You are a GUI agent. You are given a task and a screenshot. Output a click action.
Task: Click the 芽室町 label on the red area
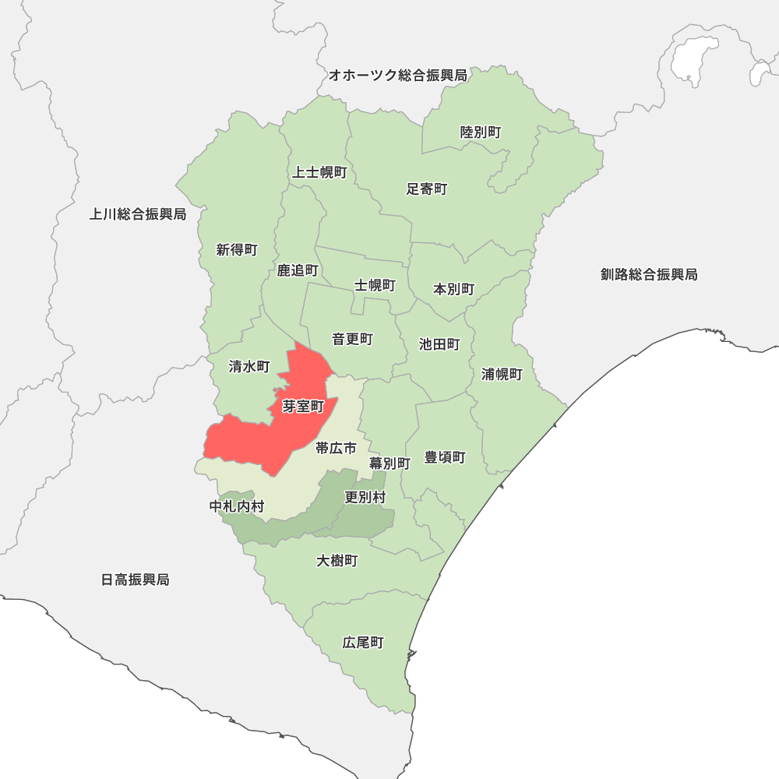click(x=303, y=407)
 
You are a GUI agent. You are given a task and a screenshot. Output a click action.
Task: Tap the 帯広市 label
click(x=336, y=448)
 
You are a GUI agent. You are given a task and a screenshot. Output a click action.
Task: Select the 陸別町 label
click(x=481, y=132)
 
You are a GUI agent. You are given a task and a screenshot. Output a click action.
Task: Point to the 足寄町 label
click(x=427, y=189)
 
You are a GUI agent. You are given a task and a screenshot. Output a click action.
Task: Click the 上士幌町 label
click(x=319, y=172)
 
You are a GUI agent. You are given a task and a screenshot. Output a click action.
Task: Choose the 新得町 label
click(x=237, y=250)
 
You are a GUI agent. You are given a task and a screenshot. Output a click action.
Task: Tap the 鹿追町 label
click(x=298, y=271)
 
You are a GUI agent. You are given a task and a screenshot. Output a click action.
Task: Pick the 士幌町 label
click(x=375, y=286)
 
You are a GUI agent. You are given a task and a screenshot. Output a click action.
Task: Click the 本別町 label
click(x=453, y=290)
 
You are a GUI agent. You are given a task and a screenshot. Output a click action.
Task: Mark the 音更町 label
click(x=352, y=340)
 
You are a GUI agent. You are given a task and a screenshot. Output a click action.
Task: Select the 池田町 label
click(x=439, y=344)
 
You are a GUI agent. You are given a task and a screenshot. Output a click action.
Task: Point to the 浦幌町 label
click(x=502, y=374)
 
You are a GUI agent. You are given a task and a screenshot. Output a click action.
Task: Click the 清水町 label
click(x=249, y=367)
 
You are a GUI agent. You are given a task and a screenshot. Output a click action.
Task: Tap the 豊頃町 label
click(x=445, y=457)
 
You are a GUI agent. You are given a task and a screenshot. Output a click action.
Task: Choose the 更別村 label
click(x=365, y=497)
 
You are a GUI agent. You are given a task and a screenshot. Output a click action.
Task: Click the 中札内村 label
click(x=237, y=507)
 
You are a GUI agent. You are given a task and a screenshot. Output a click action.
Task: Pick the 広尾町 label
click(x=363, y=643)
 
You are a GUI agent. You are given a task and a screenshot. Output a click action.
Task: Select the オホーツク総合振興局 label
click(x=397, y=76)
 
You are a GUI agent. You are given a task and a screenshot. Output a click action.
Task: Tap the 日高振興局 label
click(x=135, y=580)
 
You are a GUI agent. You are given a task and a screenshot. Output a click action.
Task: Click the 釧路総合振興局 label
click(x=649, y=274)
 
